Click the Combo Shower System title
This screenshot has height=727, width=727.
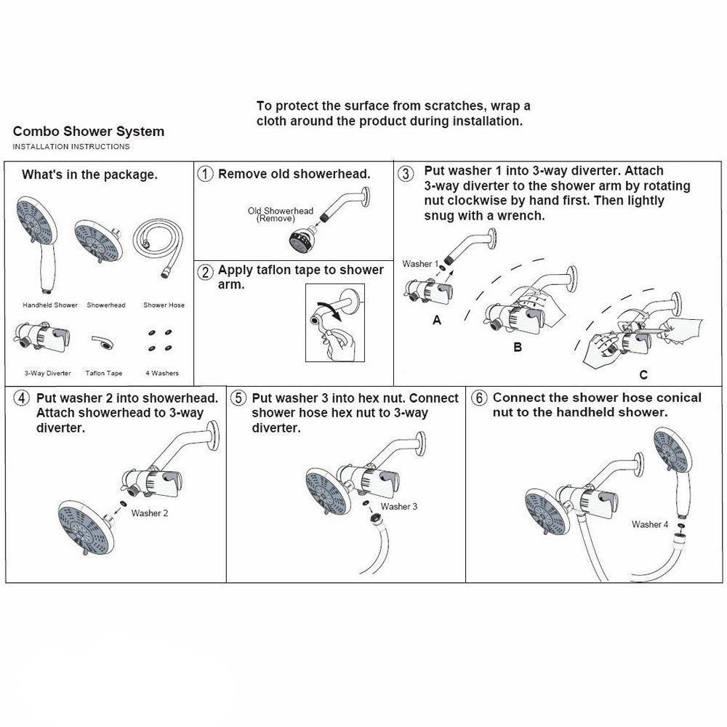(88, 132)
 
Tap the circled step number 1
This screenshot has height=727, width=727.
(206, 174)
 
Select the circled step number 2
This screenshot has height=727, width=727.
(206, 272)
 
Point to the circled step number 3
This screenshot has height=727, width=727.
(407, 174)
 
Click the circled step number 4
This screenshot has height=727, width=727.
(23, 399)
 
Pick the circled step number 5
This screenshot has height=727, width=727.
(238, 399)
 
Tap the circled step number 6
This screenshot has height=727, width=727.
(478, 398)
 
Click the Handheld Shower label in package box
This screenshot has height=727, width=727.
(50, 305)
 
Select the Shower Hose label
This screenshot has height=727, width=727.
(164, 305)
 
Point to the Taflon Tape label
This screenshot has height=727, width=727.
(104, 373)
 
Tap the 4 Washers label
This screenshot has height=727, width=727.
(161, 373)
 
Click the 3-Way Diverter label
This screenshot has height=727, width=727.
(48, 373)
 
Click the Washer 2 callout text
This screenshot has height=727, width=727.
(150, 513)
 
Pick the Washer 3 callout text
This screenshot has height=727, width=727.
(399, 507)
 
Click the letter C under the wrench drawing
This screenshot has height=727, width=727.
(643, 375)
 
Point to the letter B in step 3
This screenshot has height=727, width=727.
(518, 348)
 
